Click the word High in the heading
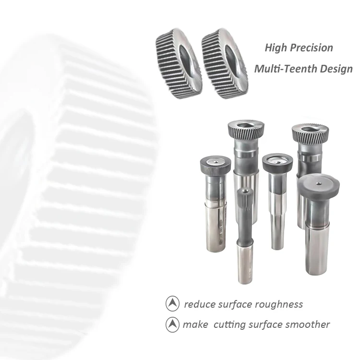pyautogui.click(x=276, y=48)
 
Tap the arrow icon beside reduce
pyautogui.click(x=172, y=304)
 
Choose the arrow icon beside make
pyautogui.click(x=172, y=325)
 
